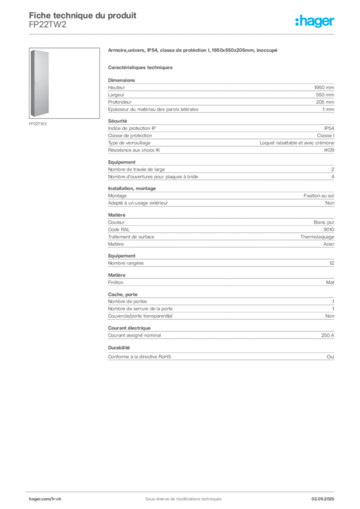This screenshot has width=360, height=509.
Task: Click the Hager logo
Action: click(314, 21)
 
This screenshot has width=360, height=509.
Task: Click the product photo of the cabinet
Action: click(40, 83)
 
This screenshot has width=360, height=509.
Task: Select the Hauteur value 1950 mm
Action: click(324, 87)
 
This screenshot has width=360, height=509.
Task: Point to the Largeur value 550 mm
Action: click(325, 95)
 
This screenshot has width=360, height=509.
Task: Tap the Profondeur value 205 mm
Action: click(325, 102)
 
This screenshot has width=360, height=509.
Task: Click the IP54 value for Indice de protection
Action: click(329, 128)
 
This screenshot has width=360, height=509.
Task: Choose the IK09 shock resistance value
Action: click(329, 150)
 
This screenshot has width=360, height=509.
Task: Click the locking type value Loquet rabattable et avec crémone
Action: click(297, 143)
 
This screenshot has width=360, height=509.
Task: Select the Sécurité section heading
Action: click(117, 121)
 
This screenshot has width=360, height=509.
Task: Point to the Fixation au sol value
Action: click(319, 196)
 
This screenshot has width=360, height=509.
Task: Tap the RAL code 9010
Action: click(329, 230)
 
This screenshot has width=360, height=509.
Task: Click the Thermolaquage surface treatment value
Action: click(317, 237)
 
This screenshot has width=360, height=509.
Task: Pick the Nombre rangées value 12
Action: click(332, 263)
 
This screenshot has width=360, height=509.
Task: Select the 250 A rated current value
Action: click(328, 336)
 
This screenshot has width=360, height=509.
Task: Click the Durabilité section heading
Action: click(119, 347)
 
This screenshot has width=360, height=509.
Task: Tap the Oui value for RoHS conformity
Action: click(330, 357)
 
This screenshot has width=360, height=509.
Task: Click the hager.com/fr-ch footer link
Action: click(45, 499)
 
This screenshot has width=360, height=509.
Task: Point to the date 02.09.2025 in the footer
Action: click(323, 499)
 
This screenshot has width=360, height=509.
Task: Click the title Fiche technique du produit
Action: click(83, 15)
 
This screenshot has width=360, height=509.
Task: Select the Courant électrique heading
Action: click(129, 328)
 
